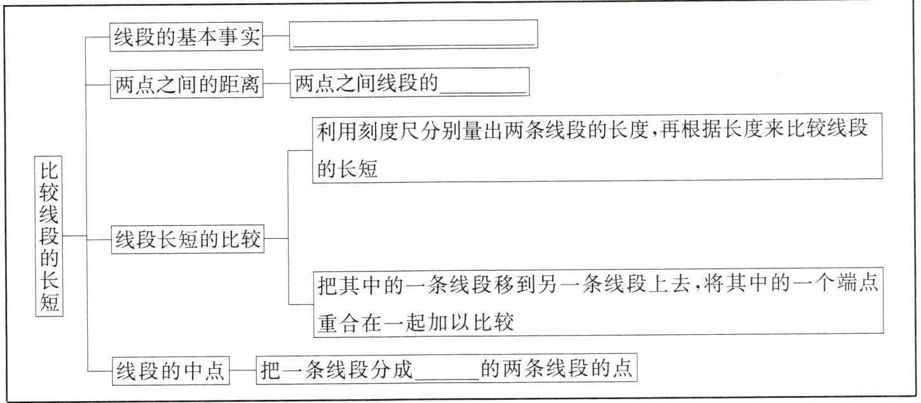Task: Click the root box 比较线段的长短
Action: coord(50,236)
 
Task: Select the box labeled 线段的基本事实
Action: coord(186,37)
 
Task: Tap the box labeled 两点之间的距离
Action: coord(186,85)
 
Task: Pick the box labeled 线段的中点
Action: coord(170,371)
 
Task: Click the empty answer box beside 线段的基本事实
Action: coord(413,35)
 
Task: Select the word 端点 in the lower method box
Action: coord(859,284)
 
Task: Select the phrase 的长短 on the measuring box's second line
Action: coord(347,168)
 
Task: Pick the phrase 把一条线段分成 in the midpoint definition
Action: coord(337,371)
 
